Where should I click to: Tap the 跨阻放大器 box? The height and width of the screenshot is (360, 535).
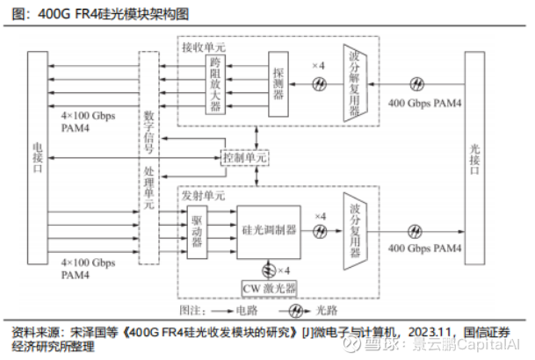pos(216,84)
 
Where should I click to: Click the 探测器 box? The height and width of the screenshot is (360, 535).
pos(278,84)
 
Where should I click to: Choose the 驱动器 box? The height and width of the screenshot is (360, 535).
pos(198,230)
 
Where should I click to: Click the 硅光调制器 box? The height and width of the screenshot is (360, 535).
pos(267,230)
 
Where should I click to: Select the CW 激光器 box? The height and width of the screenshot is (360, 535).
pos(269,288)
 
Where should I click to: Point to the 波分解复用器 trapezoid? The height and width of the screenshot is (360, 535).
pos(355,84)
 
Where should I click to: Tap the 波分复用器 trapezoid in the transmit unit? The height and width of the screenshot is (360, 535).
pos(355,231)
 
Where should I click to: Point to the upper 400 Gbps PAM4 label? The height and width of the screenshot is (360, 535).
pos(425,102)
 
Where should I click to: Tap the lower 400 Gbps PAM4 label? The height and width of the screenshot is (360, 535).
pos(425,249)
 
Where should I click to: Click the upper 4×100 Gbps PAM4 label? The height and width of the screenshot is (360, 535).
pos(88,120)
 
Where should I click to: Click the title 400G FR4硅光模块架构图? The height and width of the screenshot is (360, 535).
pos(97,14)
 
